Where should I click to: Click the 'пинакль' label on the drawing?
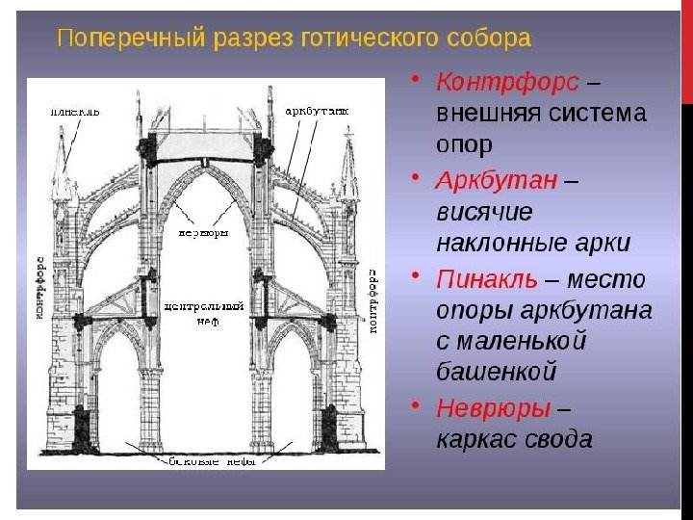pos(75,112)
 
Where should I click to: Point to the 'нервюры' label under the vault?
pos(202,232)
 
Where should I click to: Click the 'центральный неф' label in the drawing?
pos(204,313)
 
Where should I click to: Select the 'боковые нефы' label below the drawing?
pos(206,460)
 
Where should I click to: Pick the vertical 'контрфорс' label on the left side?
pos(39,290)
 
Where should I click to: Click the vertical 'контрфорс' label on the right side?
pos(372,299)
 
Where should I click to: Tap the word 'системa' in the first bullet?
pos(598,112)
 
